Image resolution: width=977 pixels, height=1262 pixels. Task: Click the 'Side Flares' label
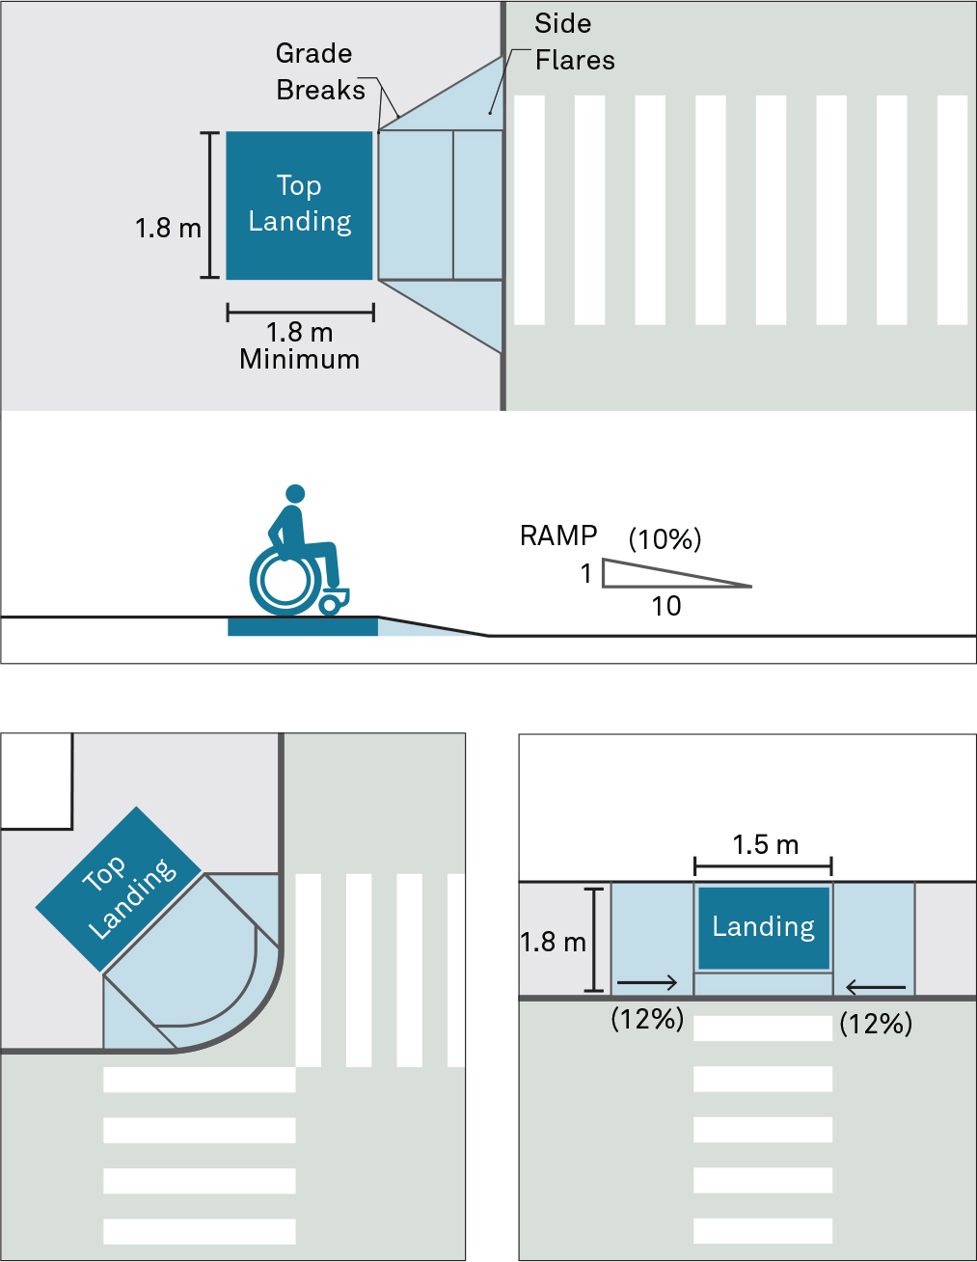click(574, 42)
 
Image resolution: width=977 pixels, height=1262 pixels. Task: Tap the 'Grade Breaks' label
click(319, 71)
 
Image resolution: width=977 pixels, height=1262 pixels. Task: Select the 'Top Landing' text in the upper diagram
click(299, 204)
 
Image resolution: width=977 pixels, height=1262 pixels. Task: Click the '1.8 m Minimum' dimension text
click(299, 345)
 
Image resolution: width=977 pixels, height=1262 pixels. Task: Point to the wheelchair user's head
click(296, 494)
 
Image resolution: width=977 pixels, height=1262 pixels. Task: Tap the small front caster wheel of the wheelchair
click(331, 604)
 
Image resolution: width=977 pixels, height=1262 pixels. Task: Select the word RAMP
click(558, 535)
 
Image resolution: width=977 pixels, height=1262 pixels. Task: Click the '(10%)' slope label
click(665, 538)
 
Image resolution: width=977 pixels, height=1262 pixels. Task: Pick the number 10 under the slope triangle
click(665, 606)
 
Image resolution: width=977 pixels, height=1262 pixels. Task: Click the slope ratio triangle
click(656, 575)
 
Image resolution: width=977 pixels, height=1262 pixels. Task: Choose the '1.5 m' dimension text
click(765, 845)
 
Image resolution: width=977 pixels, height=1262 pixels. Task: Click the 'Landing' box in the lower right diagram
click(763, 927)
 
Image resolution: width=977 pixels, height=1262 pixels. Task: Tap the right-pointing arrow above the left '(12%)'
click(646, 983)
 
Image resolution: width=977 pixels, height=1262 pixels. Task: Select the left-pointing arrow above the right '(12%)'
click(876, 987)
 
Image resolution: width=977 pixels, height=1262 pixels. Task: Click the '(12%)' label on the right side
click(876, 1024)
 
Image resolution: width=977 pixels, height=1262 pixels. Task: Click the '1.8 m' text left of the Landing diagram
click(553, 942)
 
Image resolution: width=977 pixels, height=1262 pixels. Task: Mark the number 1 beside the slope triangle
click(585, 574)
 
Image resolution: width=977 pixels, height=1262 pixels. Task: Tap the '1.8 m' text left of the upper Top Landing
click(168, 229)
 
